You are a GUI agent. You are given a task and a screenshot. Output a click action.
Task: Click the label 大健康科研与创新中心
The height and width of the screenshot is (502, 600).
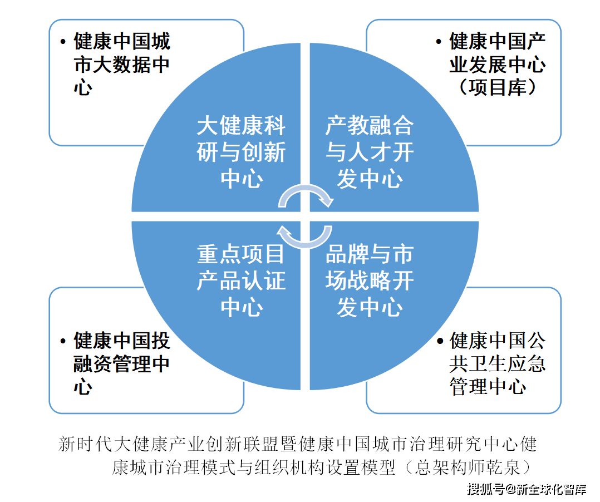click(x=241, y=152)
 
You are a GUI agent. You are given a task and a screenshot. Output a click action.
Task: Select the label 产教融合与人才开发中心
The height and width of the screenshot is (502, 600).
click(x=370, y=152)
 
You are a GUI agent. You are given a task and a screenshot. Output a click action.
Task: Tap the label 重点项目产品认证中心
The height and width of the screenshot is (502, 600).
click(x=241, y=280)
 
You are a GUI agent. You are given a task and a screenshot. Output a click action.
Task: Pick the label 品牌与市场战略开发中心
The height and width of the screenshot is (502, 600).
click(x=370, y=280)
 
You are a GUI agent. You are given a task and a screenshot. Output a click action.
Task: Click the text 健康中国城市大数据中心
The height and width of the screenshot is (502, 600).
click(x=122, y=64)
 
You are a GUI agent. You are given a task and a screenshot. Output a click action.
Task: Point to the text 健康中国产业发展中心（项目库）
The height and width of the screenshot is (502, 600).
click(x=498, y=64)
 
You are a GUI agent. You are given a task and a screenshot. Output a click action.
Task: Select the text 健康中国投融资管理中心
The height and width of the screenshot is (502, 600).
click(x=122, y=363)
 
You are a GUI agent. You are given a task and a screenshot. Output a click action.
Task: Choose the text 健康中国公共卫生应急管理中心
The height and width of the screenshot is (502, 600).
click(x=498, y=363)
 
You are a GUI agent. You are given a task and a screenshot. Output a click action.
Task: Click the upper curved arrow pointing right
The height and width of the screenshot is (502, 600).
click(x=306, y=188)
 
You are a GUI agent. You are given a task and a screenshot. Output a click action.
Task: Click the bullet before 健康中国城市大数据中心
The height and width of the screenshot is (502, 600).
click(x=63, y=42)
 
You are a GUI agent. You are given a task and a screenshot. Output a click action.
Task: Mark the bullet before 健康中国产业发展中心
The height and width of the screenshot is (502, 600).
click(x=439, y=42)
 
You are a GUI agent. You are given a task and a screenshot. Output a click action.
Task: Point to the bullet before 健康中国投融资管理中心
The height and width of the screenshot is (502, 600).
click(x=63, y=341)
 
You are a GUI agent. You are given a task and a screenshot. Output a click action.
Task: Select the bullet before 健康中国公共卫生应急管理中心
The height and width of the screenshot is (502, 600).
click(x=440, y=341)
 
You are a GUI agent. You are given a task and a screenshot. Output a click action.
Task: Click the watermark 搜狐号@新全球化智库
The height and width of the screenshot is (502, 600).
click(x=527, y=489)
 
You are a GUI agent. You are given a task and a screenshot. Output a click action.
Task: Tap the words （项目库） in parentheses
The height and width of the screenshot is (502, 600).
click(x=498, y=87)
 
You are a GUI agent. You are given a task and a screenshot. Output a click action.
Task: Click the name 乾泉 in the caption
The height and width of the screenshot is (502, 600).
click(x=503, y=467)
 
